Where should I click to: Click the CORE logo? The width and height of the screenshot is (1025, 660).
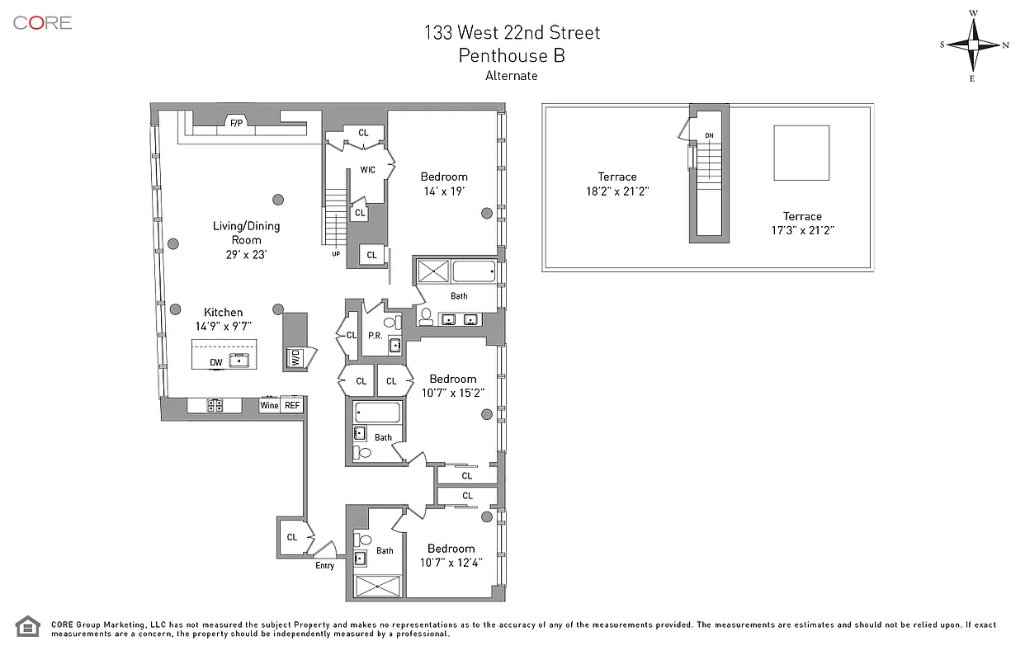point(43,23)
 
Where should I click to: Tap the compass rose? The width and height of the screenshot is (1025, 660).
point(973,45)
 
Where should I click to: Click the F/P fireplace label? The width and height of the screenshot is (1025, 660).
point(237,123)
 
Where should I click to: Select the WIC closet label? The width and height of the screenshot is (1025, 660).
point(367,170)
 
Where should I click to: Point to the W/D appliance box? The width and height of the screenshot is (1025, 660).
point(295,357)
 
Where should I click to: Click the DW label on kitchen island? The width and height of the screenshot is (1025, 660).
point(216,362)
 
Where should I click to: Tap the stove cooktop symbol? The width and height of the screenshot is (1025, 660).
point(215,405)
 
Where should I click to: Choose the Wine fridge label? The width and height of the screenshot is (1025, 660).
point(269,405)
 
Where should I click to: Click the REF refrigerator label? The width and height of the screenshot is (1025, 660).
point(292,405)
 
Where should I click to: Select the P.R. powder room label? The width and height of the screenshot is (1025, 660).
point(376,336)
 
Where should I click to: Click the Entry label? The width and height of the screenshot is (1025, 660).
point(325,566)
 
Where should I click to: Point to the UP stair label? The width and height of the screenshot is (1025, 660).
point(336,254)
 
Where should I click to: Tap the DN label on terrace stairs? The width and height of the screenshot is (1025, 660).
point(709,135)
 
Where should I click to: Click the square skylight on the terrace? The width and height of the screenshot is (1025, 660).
point(801,153)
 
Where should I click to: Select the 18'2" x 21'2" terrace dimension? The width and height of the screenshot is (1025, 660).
point(617,191)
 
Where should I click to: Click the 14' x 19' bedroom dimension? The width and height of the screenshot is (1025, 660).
point(444,191)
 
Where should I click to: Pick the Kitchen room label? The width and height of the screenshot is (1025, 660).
point(224,312)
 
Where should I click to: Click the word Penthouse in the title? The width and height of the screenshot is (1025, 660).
point(503,55)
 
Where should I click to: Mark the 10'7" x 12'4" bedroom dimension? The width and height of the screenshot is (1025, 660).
point(451,563)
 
